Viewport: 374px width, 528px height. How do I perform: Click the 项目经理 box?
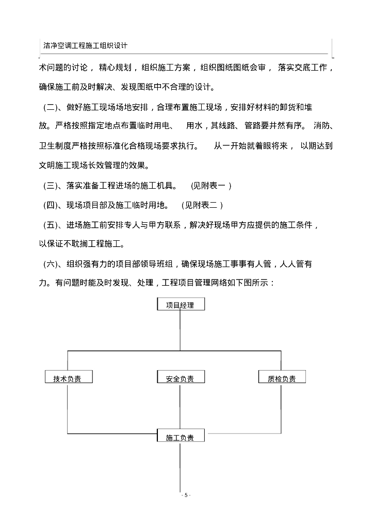click(x=180, y=305)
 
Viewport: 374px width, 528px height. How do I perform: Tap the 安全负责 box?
click(x=180, y=378)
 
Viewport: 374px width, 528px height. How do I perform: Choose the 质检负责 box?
click(x=282, y=378)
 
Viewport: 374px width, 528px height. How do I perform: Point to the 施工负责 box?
click(x=180, y=437)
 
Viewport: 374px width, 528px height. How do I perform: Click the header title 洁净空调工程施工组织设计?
click(x=86, y=45)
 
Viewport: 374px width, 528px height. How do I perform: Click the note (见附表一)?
click(x=211, y=185)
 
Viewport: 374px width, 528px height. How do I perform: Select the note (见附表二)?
click(x=202, y=205)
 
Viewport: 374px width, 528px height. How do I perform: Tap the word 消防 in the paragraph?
click(x=323, y=126)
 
